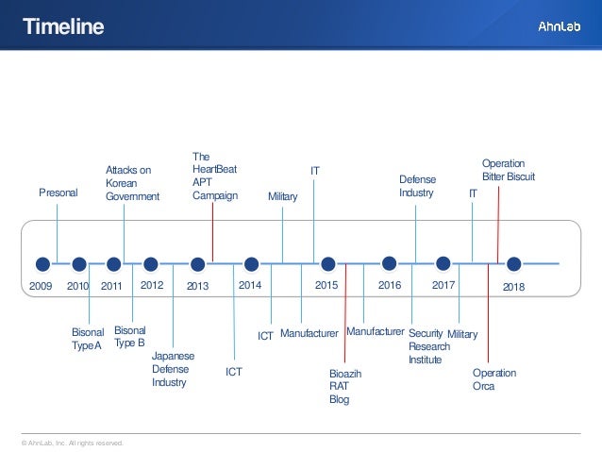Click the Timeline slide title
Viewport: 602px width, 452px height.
[x=63, y=27]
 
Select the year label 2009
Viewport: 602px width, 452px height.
[x=41, y=284]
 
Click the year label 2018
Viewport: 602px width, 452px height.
[x=513, y=285]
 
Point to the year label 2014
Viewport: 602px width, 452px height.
[x=250, y=283]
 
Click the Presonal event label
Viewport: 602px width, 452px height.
[x=58, y=193]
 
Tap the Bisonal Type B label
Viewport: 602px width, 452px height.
[x=129, y=336]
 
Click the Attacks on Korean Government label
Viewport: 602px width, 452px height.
[x=132, y=183]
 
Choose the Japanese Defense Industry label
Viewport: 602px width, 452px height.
[x=173, y=369]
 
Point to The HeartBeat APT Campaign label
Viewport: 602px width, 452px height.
[x=214, y=176]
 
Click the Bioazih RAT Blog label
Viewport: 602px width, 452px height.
[x=344, y=387]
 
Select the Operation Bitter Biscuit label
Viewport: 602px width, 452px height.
[x=509, y=170]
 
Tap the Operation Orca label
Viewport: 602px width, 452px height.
[x=493, y=379]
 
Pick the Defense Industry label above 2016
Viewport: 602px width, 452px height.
[x=416, y=185]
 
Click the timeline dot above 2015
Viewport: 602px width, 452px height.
[x=326, y=264]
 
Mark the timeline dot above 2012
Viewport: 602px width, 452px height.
[x=151, y=264]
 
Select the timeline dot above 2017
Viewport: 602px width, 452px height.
[x=443, y=264]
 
